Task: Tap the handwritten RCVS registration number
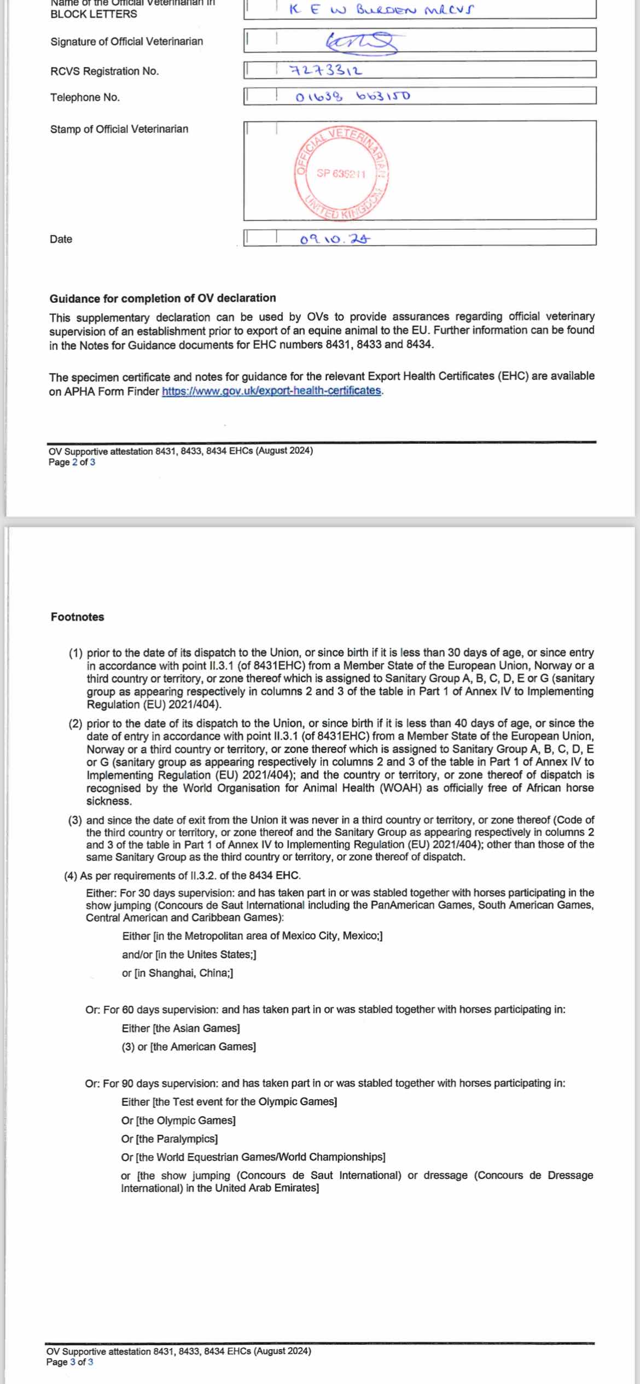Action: [x=325, y=71]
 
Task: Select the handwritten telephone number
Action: [x=352, y=97]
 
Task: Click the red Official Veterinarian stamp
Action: [x=341, y=174]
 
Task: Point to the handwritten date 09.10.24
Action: [x=335, y=239]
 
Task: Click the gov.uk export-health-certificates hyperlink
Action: [x=271, y=391]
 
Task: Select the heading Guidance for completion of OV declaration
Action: [x=162, y=298]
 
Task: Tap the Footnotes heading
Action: [x=77, y=617]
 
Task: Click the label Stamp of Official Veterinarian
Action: [x=119, y=129]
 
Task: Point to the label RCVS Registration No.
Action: [x=104, y=71]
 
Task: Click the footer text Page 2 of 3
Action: [x=72, y=462]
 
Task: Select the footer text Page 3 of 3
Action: [x=69, y=1362]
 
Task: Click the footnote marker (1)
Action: [x=75, y=653]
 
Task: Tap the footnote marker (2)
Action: [x=75, y=723]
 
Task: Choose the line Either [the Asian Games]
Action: [x=181, y=1028]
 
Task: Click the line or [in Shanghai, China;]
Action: [x=177, y=973]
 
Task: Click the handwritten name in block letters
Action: [x=381, y=9]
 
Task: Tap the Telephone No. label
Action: [x=85, y=97]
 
